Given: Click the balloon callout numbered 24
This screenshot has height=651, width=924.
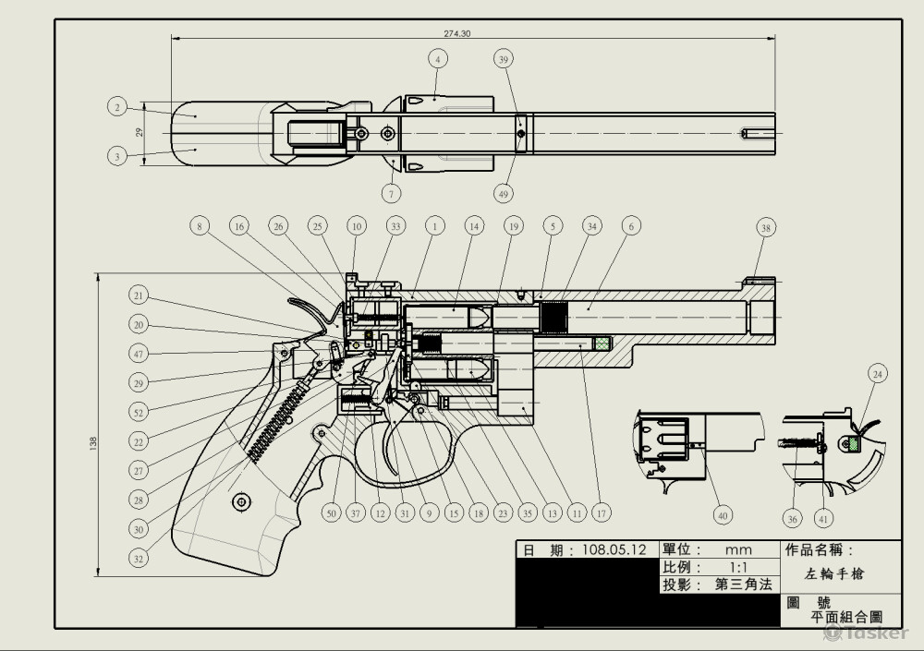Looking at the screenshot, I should (878, 374).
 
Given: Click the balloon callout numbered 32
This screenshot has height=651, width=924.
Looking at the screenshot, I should (139, 558).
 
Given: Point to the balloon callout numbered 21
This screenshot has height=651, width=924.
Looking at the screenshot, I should (139, 295).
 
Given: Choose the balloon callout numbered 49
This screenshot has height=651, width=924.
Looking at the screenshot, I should (504, 194).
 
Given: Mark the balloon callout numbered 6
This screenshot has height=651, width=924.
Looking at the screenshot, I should (630, 225).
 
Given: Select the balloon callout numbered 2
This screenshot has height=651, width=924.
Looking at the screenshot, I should (116, 108).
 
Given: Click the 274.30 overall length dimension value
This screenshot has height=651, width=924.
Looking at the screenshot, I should (456, 33).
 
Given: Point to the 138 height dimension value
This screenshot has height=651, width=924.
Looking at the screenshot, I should (91, 443).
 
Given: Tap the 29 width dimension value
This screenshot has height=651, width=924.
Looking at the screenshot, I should (140, 132).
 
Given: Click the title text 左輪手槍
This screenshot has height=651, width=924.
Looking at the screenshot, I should (833, 573).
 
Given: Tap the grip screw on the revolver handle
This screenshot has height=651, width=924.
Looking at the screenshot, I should (242, 501).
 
